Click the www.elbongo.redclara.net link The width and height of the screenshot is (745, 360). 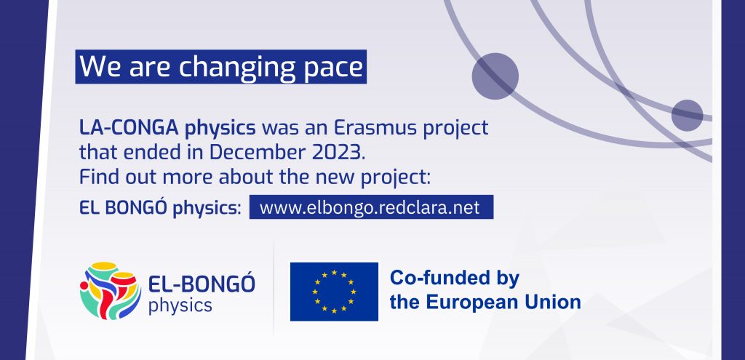(x=371, y=207)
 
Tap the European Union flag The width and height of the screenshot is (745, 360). (x=334, y=292)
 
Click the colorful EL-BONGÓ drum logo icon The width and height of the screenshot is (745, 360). (x=111, y=290)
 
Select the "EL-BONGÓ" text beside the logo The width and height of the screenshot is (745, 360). (x=202, y=284)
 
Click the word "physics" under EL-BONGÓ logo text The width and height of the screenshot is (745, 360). (x=180, y=306)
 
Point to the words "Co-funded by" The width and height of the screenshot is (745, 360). (x=455, y=278)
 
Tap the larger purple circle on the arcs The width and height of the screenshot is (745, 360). (x=495, y=76)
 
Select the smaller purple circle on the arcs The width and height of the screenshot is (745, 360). (x=687, y=116)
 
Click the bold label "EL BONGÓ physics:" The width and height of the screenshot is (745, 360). (x=160, y=209)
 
